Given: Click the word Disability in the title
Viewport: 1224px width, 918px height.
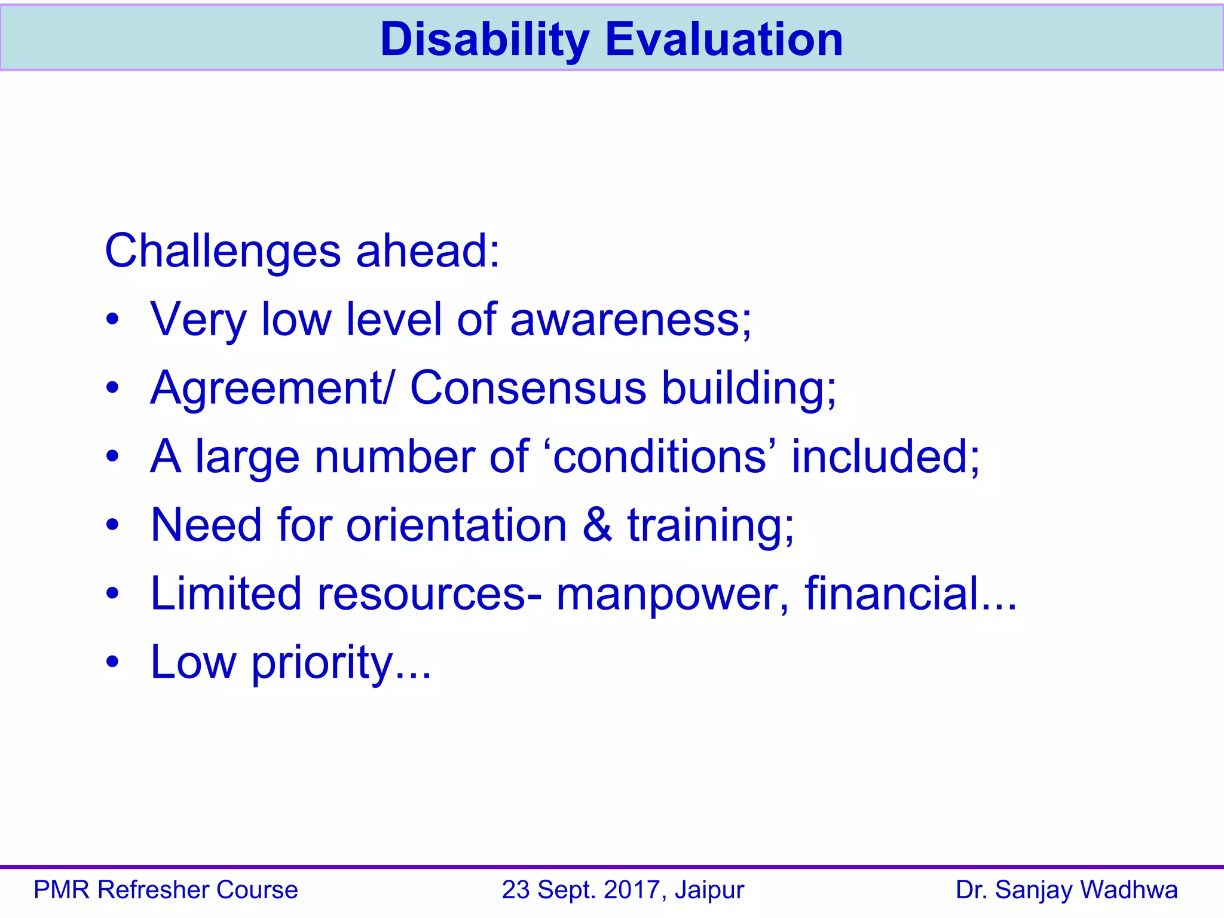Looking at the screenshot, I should [485, 39].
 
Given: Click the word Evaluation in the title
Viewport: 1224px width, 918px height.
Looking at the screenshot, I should [724, 39].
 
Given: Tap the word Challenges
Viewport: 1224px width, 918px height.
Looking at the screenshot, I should [223, 251].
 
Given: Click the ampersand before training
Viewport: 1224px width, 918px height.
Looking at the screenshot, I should [597, 525].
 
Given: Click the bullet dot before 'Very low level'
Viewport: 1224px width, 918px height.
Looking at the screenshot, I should [112, 321].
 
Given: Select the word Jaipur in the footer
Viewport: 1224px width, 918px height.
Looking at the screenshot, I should [709, 890].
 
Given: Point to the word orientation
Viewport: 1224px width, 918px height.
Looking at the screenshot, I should [457, 525].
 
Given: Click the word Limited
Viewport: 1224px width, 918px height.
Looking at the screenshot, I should [226, 593].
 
